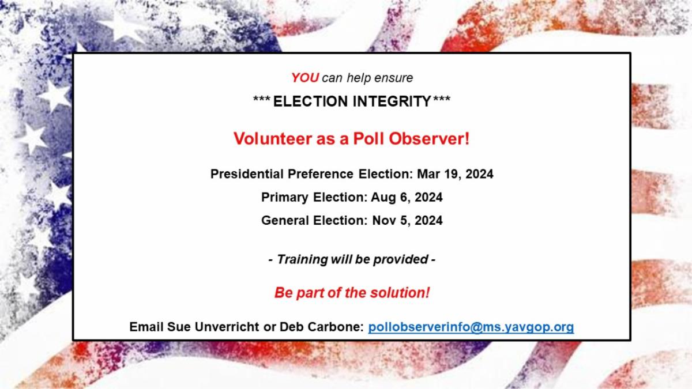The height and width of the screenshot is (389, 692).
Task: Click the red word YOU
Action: pos(305,78)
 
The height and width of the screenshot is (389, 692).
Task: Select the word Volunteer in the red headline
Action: pos(273,138)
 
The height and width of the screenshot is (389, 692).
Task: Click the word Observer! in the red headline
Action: pos(429,138)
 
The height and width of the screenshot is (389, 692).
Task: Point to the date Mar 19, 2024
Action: pos(455,174)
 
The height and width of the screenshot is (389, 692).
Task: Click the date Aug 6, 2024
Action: pos(407,197)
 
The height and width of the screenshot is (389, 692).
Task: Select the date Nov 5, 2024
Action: pos(407,220)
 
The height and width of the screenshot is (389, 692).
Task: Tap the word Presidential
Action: pos(247,174)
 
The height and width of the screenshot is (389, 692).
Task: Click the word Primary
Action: pos(285,198)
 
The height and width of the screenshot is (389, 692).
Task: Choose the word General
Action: pos(285,220)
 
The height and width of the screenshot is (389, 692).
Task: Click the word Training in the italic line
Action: pos(302,260)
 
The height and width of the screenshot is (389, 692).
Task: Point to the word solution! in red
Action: pos(400,293)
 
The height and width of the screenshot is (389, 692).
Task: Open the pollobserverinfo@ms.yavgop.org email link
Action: pos(471,327)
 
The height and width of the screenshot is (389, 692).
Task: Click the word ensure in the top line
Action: pos(393,78)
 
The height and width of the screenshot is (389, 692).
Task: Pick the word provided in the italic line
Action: pos(401,260)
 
